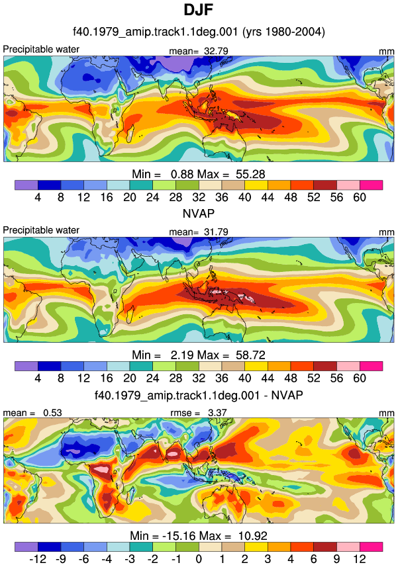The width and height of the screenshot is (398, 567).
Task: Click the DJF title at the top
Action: click(198, 10)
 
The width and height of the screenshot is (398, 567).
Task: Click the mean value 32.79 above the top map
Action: click(216, 51)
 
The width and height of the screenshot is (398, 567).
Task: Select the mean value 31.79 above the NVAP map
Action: click(216, 232)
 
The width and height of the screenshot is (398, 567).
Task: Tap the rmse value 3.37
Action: click(217, 413)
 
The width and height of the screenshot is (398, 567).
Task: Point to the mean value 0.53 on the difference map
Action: click(52, 413)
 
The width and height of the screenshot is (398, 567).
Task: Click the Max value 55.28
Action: click(250, 174)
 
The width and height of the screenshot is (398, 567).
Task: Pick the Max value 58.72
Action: click(250, 355)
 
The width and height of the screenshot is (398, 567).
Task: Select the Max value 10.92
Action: click(252, 535)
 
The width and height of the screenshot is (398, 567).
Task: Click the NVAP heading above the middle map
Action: click(198, 213)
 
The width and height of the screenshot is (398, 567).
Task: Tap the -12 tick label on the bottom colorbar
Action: click(38, 559)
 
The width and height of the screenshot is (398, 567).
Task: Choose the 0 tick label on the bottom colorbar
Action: click(199, 559)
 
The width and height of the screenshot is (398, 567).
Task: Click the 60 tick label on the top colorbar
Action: click(360, 197)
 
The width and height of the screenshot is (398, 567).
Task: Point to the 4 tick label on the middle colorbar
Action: click(38, 378)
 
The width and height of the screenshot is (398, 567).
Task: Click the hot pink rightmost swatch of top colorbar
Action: click(372, 185)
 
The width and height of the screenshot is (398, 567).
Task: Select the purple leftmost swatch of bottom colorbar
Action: click(26, 546)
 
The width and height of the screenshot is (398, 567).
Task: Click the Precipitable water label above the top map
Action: click(41, 49)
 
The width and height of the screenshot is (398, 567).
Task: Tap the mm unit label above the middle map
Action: click(387, 232)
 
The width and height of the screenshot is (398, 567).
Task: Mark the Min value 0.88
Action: click(182, 174)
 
